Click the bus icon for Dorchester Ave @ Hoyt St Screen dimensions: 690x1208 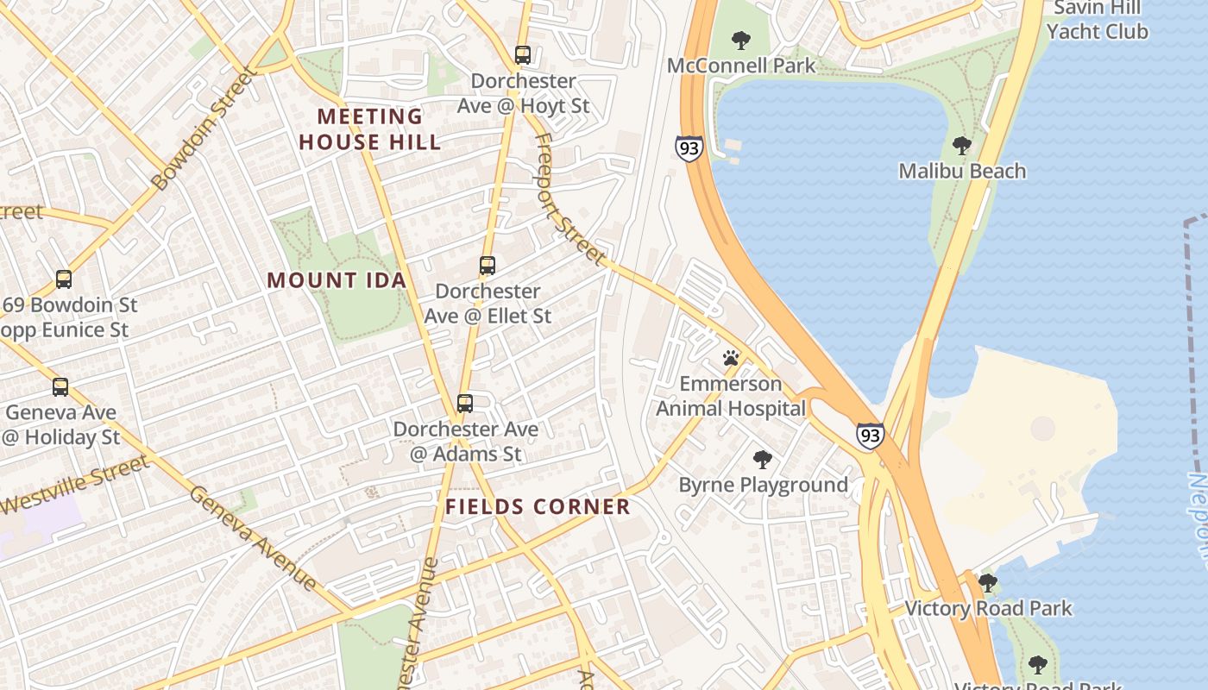click(522, 54)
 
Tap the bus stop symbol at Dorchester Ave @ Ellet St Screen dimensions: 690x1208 click(488, 266)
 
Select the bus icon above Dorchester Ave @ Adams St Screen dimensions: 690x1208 click(465, 403)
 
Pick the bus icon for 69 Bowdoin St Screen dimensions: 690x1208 click(64, 279)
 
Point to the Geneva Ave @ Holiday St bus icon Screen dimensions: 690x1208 click(60, 387)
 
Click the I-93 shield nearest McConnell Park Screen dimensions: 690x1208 click(689, 148)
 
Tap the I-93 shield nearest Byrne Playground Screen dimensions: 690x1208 click(870, 435)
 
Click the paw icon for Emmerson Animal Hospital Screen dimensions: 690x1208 click(731, 357)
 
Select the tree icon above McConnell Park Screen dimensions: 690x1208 click(740, 40)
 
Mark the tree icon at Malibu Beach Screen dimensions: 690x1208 click(961, 146)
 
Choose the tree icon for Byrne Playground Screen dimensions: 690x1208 click(762, 459)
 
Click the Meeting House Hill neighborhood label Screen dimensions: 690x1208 click(370, 129)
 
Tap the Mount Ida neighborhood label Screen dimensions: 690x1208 click(337, 280)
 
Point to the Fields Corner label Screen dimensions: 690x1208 click(538, 507)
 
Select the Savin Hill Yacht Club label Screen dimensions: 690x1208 click(1097, 20)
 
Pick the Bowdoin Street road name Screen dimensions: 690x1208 click(204, 129)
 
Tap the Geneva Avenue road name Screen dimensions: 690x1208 click(253, 538)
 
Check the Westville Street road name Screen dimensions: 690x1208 click(75, 486)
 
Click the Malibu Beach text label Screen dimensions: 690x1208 click(962, 171)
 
